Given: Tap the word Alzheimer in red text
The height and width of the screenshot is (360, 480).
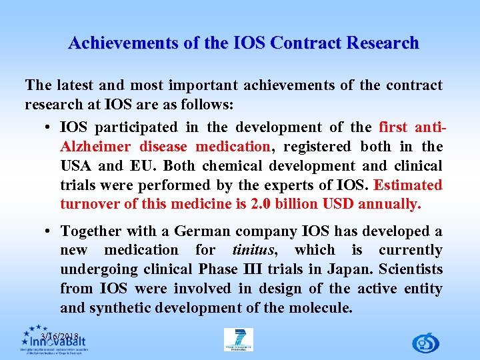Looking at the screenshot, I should [97, 147].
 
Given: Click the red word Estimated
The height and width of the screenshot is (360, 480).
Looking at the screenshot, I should [408, 185].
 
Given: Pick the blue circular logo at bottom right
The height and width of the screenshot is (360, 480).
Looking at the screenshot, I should [425, 343].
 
